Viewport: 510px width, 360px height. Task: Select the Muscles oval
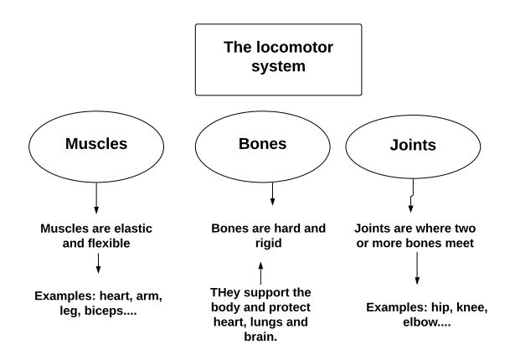96,144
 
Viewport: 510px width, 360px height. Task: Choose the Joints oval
413,145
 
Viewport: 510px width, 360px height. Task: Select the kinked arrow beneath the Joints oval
413,200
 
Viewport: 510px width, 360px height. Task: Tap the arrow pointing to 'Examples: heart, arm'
98,264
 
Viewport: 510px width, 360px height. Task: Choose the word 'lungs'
265,322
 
